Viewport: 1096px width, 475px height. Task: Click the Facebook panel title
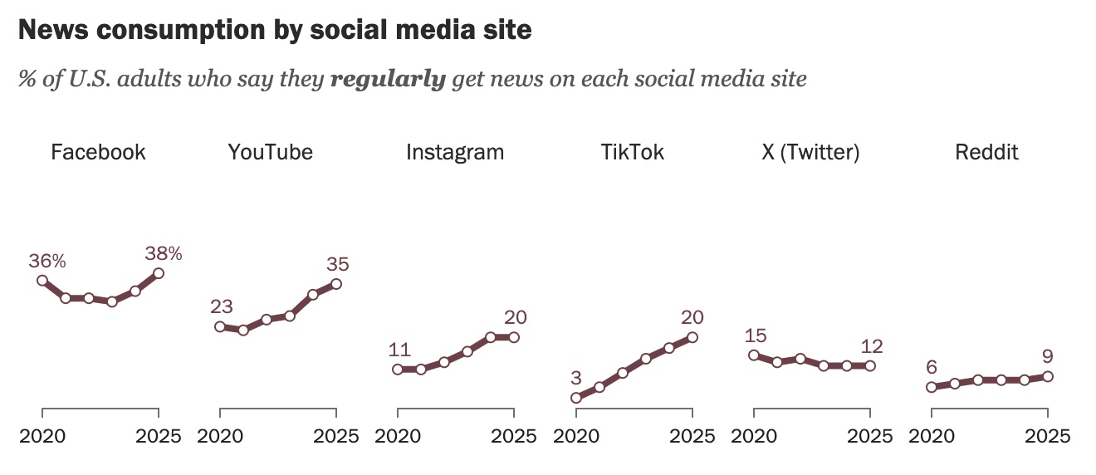98,153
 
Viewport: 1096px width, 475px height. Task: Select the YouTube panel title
271,153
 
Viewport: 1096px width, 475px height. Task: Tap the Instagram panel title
455,153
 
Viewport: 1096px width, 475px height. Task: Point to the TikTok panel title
633,153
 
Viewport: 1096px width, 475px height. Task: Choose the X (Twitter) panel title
810,153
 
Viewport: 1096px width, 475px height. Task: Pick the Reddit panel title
986,153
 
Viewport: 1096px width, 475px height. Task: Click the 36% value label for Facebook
47,261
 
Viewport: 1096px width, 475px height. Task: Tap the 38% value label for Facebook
164,253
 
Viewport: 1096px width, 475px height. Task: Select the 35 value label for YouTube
337,265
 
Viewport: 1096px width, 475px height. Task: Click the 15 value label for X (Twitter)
756,336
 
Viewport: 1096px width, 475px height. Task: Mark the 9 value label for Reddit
1048,357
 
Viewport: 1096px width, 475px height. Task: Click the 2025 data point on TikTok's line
692,337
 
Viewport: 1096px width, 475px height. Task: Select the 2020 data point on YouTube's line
220,326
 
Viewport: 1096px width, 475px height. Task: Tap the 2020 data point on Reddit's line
932,387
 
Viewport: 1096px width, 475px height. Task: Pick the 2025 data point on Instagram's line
514,337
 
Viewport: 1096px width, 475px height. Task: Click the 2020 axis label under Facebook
42,436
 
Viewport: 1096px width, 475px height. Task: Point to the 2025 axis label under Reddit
1048,436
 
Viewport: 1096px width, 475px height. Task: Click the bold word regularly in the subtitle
388,81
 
